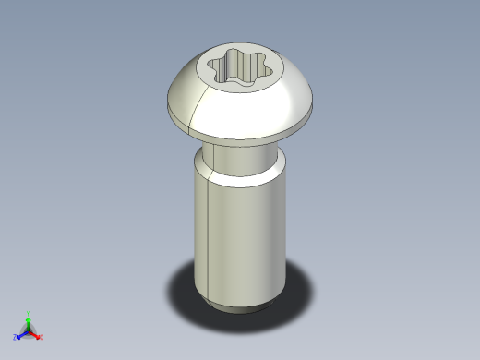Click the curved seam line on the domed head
192,115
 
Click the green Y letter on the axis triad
29,313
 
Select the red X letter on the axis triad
42,337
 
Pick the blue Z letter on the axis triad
16,337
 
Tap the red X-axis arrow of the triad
35,333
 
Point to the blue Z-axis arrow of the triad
22,333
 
